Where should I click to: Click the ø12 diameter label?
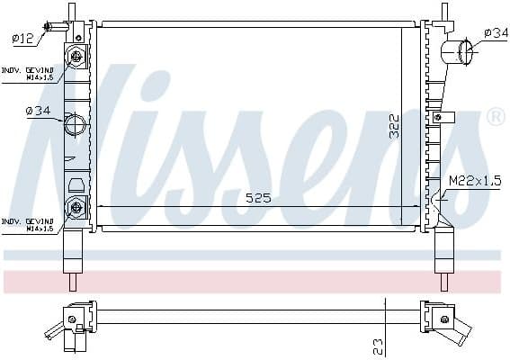point(22,38)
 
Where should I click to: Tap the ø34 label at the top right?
point(495,33)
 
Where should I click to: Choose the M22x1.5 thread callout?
point(474,182)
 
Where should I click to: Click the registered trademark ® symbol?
point(495,117)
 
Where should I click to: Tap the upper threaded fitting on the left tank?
point(77,57)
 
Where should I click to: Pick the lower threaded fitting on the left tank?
point(77,208)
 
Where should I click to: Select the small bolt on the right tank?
point(437,116)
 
